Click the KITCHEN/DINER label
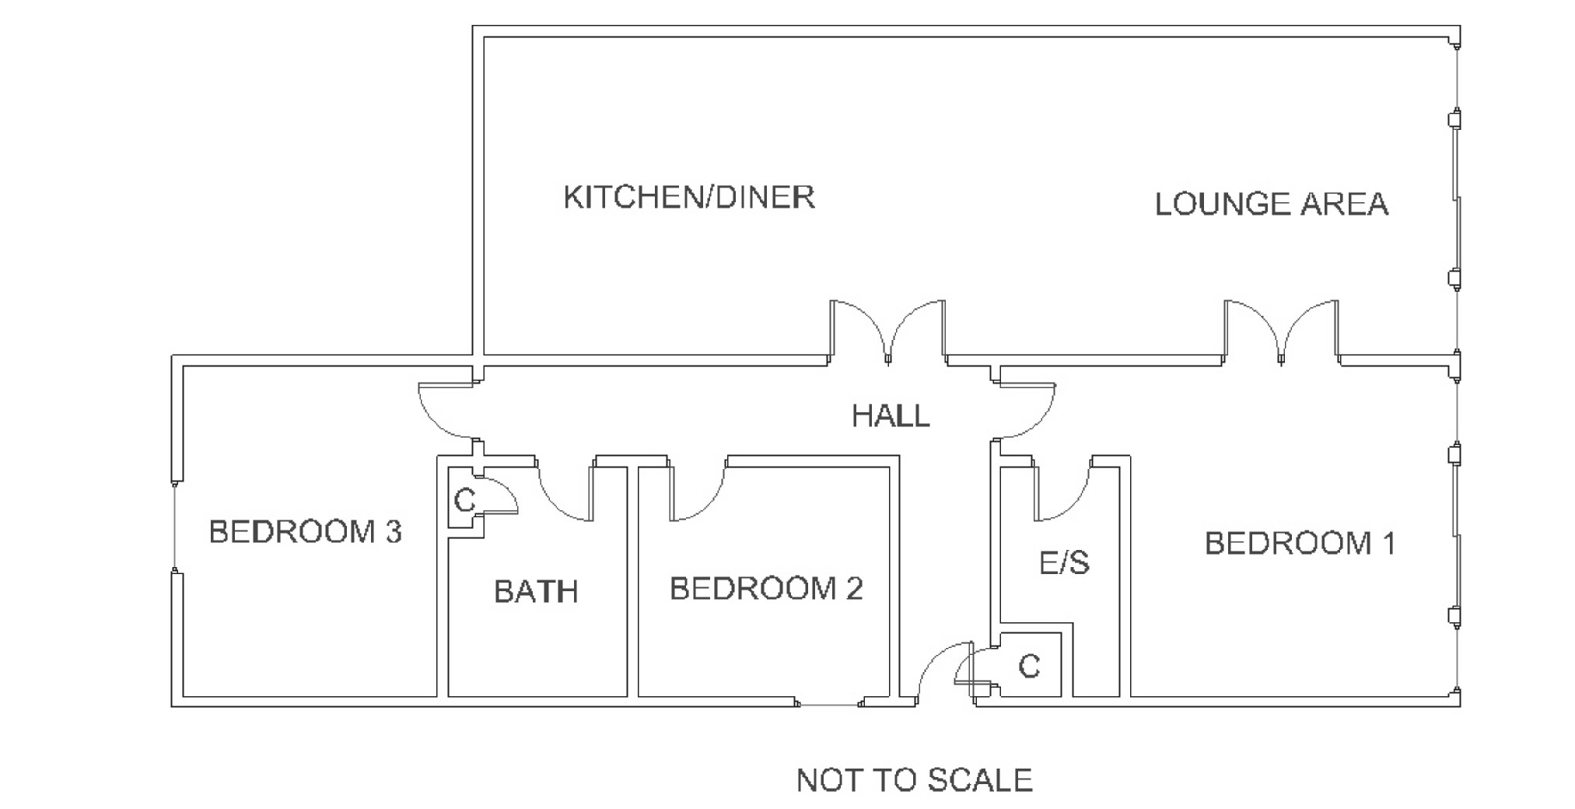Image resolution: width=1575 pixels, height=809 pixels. coord(689,198)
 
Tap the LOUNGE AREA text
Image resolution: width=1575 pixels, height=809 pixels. coord(1271,204)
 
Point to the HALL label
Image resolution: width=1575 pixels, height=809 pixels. coord(891,416)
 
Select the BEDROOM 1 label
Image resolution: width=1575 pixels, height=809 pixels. coord(1300,543)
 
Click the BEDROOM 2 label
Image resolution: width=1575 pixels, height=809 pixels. coord(766,589)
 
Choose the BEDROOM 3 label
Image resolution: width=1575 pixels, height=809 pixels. coord(305,532)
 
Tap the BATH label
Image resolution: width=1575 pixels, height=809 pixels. coord(536,592)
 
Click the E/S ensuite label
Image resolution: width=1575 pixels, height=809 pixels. coord(1064,562)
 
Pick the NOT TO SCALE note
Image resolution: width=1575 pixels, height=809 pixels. coord(914,779)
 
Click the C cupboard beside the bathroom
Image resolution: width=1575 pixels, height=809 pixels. coord(464,500)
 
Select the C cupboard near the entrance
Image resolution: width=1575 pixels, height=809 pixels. coord(1029,667)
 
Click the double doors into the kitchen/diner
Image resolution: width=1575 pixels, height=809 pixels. coord(888,331)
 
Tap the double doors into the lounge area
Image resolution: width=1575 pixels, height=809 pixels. coord(1281,331)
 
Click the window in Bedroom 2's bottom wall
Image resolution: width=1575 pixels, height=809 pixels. coord(829,705)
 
